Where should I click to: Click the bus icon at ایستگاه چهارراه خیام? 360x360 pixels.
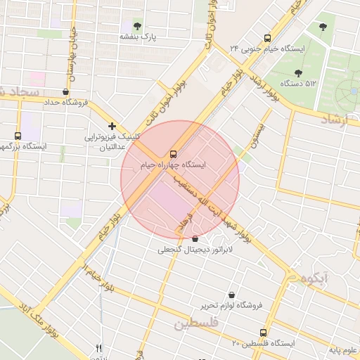coord(172,153)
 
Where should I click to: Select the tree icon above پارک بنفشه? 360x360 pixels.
coord(136,25)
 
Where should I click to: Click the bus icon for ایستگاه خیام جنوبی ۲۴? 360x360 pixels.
coord(266,38)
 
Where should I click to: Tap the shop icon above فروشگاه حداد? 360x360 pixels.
coord(65,91)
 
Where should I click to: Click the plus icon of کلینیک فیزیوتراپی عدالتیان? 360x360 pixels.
coord(112,126)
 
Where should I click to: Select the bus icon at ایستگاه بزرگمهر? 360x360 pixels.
coord(18,136)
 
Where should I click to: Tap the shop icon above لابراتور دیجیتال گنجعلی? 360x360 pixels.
coord(195,239)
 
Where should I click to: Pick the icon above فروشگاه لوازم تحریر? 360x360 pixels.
coord(232,295)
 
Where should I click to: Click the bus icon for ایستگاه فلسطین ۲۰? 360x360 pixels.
coord(263,333)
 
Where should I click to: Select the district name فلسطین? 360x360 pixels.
coord(197,323)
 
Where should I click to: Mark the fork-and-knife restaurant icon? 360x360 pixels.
coord(99,347)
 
